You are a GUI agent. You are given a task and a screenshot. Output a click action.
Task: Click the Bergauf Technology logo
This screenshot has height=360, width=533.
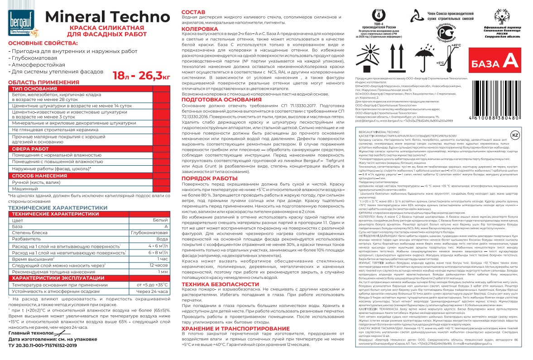[22, 24]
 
